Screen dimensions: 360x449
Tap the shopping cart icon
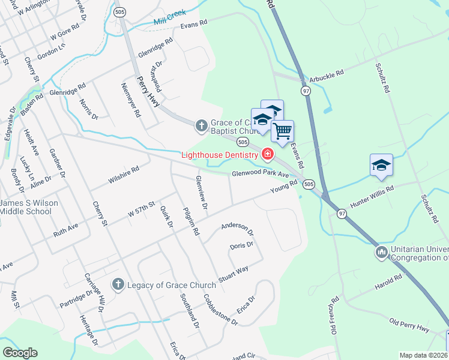pos(282,130)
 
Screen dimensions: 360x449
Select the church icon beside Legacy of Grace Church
pos(118,284)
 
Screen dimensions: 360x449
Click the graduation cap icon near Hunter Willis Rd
pos(381,164)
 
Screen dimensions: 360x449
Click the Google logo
pos(19,353)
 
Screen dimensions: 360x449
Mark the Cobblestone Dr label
pos(220,310)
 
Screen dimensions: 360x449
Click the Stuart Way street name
pos(234,273)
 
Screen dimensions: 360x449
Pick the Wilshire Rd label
pos(124,174)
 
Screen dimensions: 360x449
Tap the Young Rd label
pos(283,188)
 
